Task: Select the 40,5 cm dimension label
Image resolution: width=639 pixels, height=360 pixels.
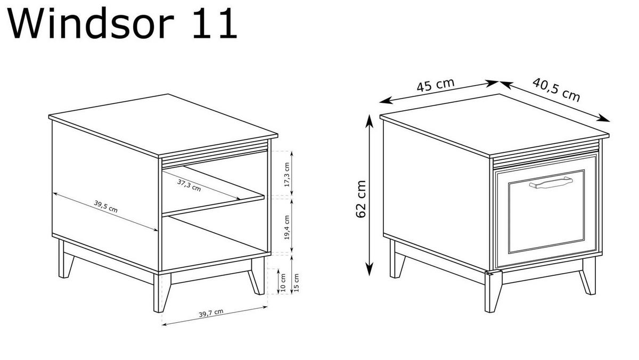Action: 556,89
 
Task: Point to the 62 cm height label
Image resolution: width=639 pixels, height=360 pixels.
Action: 361,198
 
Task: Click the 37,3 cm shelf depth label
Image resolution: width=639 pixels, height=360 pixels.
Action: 189,184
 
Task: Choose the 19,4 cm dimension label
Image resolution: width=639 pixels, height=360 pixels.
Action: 287,227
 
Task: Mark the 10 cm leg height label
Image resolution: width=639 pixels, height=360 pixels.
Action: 283,282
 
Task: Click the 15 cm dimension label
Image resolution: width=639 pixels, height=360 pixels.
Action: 296,282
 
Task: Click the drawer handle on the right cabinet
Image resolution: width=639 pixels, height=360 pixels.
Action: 550,183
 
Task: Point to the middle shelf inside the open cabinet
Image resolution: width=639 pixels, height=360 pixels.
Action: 213,205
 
